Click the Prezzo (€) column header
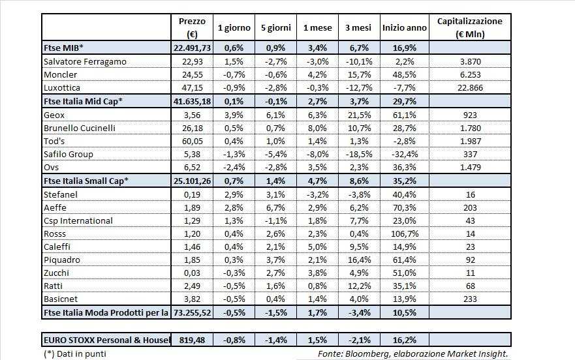[192, 27]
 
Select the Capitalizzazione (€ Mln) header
[470, 27]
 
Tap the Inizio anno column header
[405, 28]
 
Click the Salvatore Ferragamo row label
[84, 61]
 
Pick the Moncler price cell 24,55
[193, 74]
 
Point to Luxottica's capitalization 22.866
[469, 87]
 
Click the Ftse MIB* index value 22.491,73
[193, 48]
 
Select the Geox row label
[55, 113]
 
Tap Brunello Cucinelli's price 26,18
[193, 127]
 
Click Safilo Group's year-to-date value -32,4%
[405, 155]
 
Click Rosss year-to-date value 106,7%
[405, 233]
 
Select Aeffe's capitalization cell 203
[469, 207]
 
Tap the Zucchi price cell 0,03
[193, 273]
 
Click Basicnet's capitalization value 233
[469, 299]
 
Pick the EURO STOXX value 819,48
[192, 340]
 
